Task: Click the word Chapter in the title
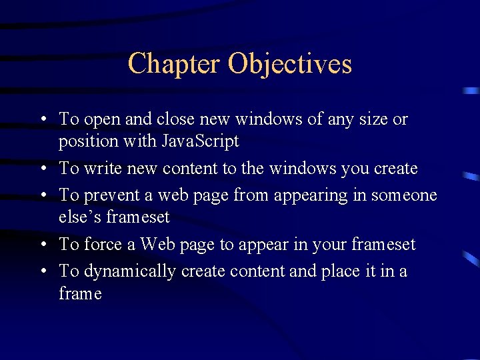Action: (173, 64)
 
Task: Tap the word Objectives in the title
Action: (289, 64)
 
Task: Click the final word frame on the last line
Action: (80, 293)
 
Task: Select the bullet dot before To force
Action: (42, 245)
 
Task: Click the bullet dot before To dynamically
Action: (42, 271)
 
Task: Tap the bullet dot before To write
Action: (42, 169)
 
